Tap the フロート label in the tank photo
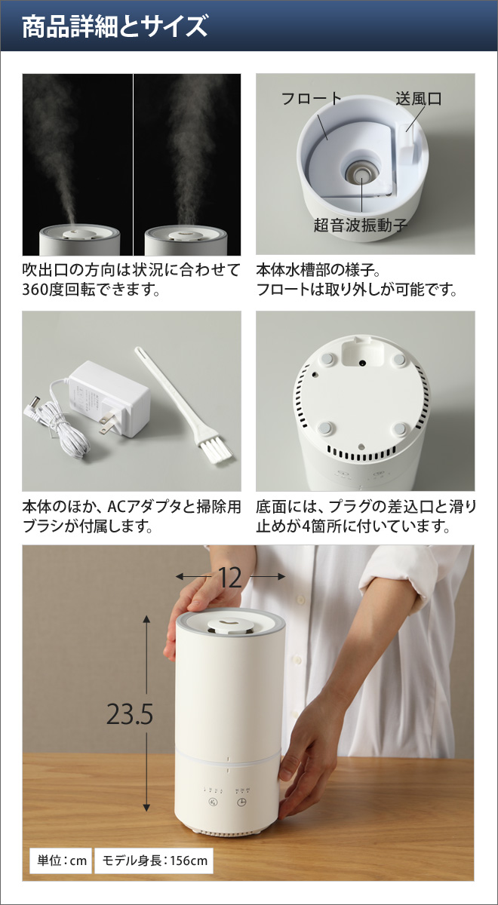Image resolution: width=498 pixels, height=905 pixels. click(x=311, y=99)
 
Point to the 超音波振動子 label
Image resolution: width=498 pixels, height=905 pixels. click(x=361, y=225)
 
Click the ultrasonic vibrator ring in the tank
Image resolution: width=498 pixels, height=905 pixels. click(x=360, y=172)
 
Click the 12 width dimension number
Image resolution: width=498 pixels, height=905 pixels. click(x=231, y=578)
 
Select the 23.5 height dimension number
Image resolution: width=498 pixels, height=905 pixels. click(x=130, y=714)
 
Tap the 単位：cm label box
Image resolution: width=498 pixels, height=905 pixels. click(x=59, y=860)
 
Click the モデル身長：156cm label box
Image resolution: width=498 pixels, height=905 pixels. click(x=154, y=860)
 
